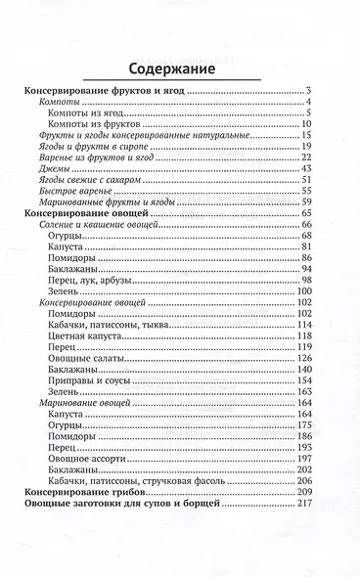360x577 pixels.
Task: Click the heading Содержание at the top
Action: tap(179, 68)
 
